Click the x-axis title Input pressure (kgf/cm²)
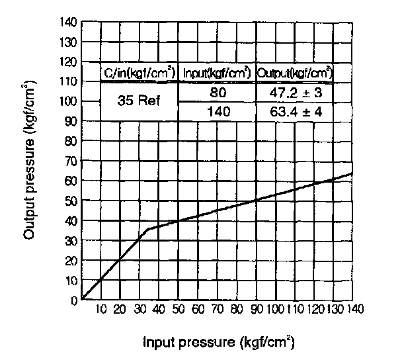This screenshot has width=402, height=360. pos(218,343)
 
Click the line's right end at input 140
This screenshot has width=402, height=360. pos(351,174)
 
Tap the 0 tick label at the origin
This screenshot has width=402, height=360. pos(75,300)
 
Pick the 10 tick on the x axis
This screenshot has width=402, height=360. pos(101,310)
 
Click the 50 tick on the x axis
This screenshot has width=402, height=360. pos(179,310)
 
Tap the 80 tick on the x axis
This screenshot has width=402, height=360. pos(236,310)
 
